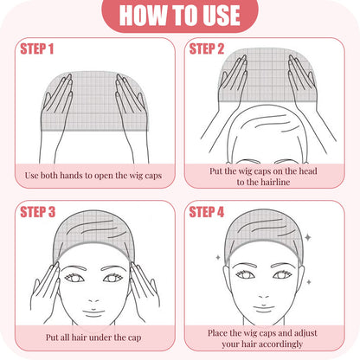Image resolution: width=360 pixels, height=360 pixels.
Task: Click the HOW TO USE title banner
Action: tap(179, 16)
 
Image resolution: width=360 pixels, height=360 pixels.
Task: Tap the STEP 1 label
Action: tap(37, 48)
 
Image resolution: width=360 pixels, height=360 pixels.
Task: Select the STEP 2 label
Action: tap(207, 48)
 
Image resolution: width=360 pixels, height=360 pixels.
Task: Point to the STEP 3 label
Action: tap(37, 212)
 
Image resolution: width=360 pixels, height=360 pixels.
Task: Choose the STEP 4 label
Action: tap(207, 212)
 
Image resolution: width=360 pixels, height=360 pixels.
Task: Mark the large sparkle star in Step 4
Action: tap(309, 236)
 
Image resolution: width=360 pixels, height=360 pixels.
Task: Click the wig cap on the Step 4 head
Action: tap(264, 227)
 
